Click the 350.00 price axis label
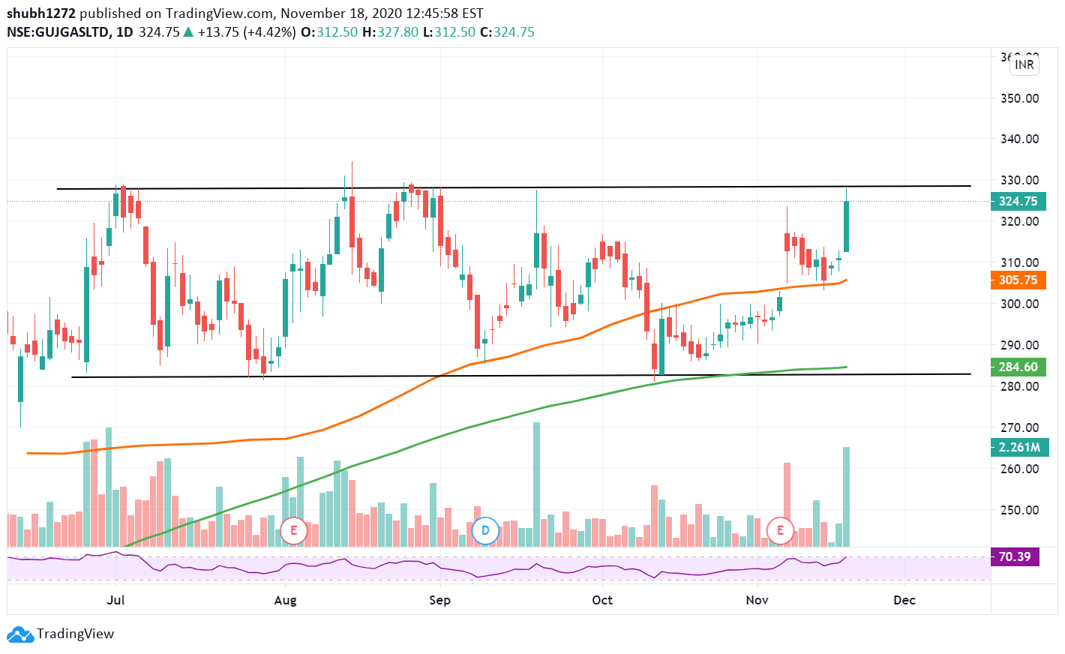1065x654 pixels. [1019, 98]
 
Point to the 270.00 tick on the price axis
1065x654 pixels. [1019, 427]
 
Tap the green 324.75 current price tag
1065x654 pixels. [1018, 201]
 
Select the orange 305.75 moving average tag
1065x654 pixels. [1018, 280]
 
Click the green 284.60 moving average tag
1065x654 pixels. [1018, 367]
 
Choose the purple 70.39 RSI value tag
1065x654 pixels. [1015, 556]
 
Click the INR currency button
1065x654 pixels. [1024, 64]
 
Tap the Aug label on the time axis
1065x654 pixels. [285, 600]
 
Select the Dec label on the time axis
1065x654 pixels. [904, 600]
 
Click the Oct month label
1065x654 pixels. [601, 600]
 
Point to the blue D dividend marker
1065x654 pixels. [485, 531]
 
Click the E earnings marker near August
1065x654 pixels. [293, 531]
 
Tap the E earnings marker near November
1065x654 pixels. [780, 531]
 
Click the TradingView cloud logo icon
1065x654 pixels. [20, 634]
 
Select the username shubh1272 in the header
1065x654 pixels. [41, 13]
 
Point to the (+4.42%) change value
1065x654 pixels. [268, 32]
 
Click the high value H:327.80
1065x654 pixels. [390, 32]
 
